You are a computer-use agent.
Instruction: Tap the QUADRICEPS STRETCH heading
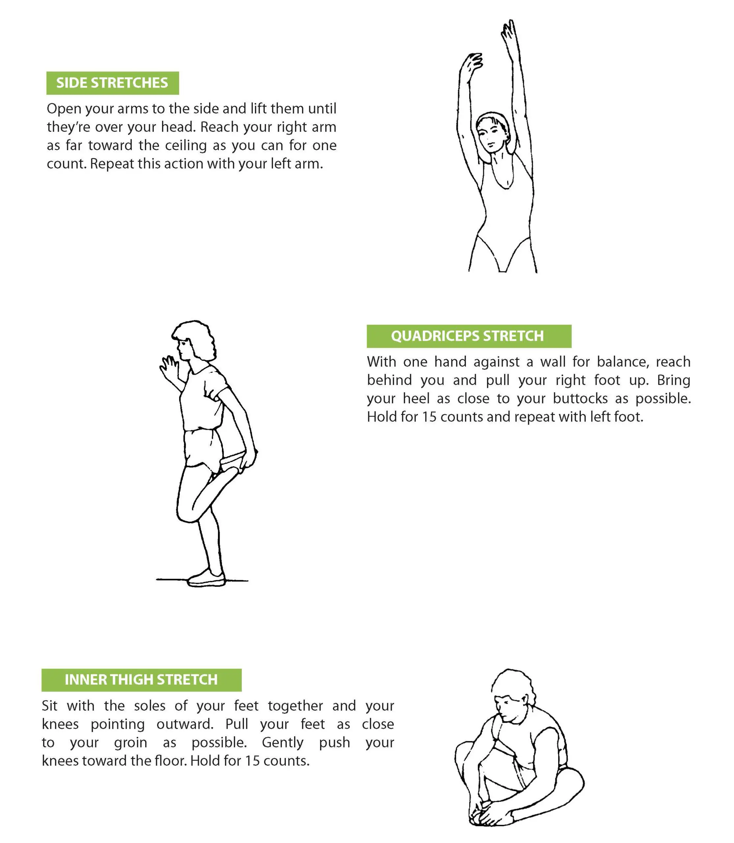(x=467, y=336)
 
